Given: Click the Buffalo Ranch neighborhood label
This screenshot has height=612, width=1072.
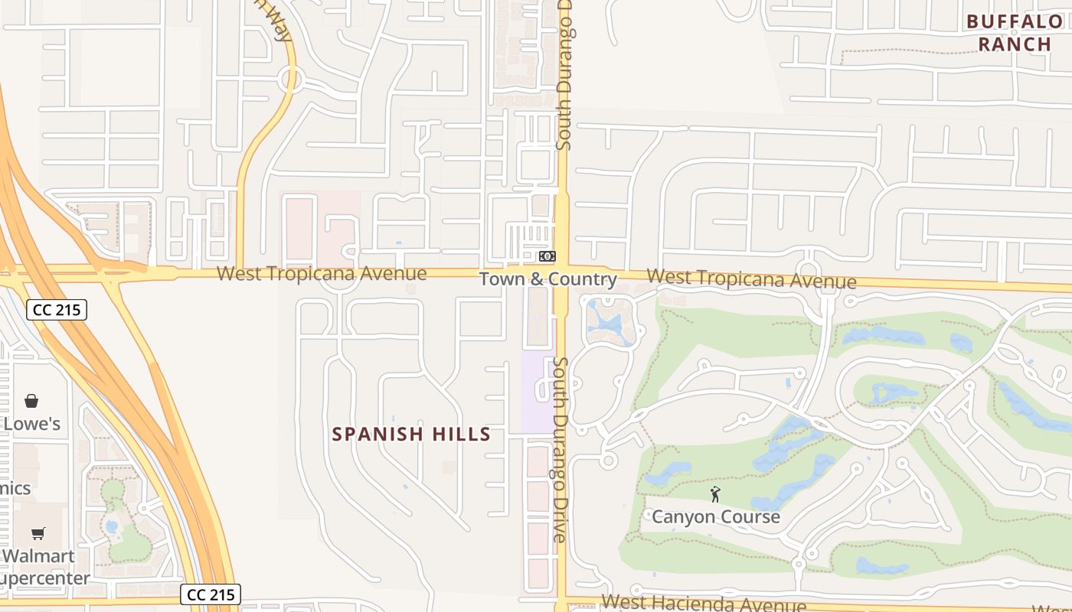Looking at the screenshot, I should tap(1015, 33).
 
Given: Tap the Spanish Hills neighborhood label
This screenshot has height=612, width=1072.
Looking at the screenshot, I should tap(411, 435).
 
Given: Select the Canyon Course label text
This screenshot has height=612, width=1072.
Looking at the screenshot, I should tap(715, 517).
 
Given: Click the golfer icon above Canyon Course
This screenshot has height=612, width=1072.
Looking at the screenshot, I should tap(715, 494).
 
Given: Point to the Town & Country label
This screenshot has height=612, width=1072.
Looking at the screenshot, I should tap(548, 279).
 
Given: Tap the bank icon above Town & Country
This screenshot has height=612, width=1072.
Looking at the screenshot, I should tap(547, 256).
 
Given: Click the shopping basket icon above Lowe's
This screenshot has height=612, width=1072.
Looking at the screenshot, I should tap(31, 401).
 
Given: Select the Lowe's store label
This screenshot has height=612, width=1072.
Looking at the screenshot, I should tap(31, 424).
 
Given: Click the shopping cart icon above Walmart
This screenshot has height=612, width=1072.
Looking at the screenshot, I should tap(38, 533).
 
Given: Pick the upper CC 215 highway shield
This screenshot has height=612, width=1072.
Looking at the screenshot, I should tap(57, 310).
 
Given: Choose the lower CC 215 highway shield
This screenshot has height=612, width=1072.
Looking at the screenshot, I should tap(211, 594).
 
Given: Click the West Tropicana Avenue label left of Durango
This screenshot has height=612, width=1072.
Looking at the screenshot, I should tap(322, 273).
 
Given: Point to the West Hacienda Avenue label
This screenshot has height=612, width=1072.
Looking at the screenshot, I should tap(703, 604).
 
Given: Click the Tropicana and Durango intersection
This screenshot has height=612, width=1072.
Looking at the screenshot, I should tap(561, 273).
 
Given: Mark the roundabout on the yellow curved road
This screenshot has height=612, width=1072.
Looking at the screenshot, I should tap(289, 78).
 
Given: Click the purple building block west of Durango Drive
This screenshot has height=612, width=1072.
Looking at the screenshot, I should tap(538, 390).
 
